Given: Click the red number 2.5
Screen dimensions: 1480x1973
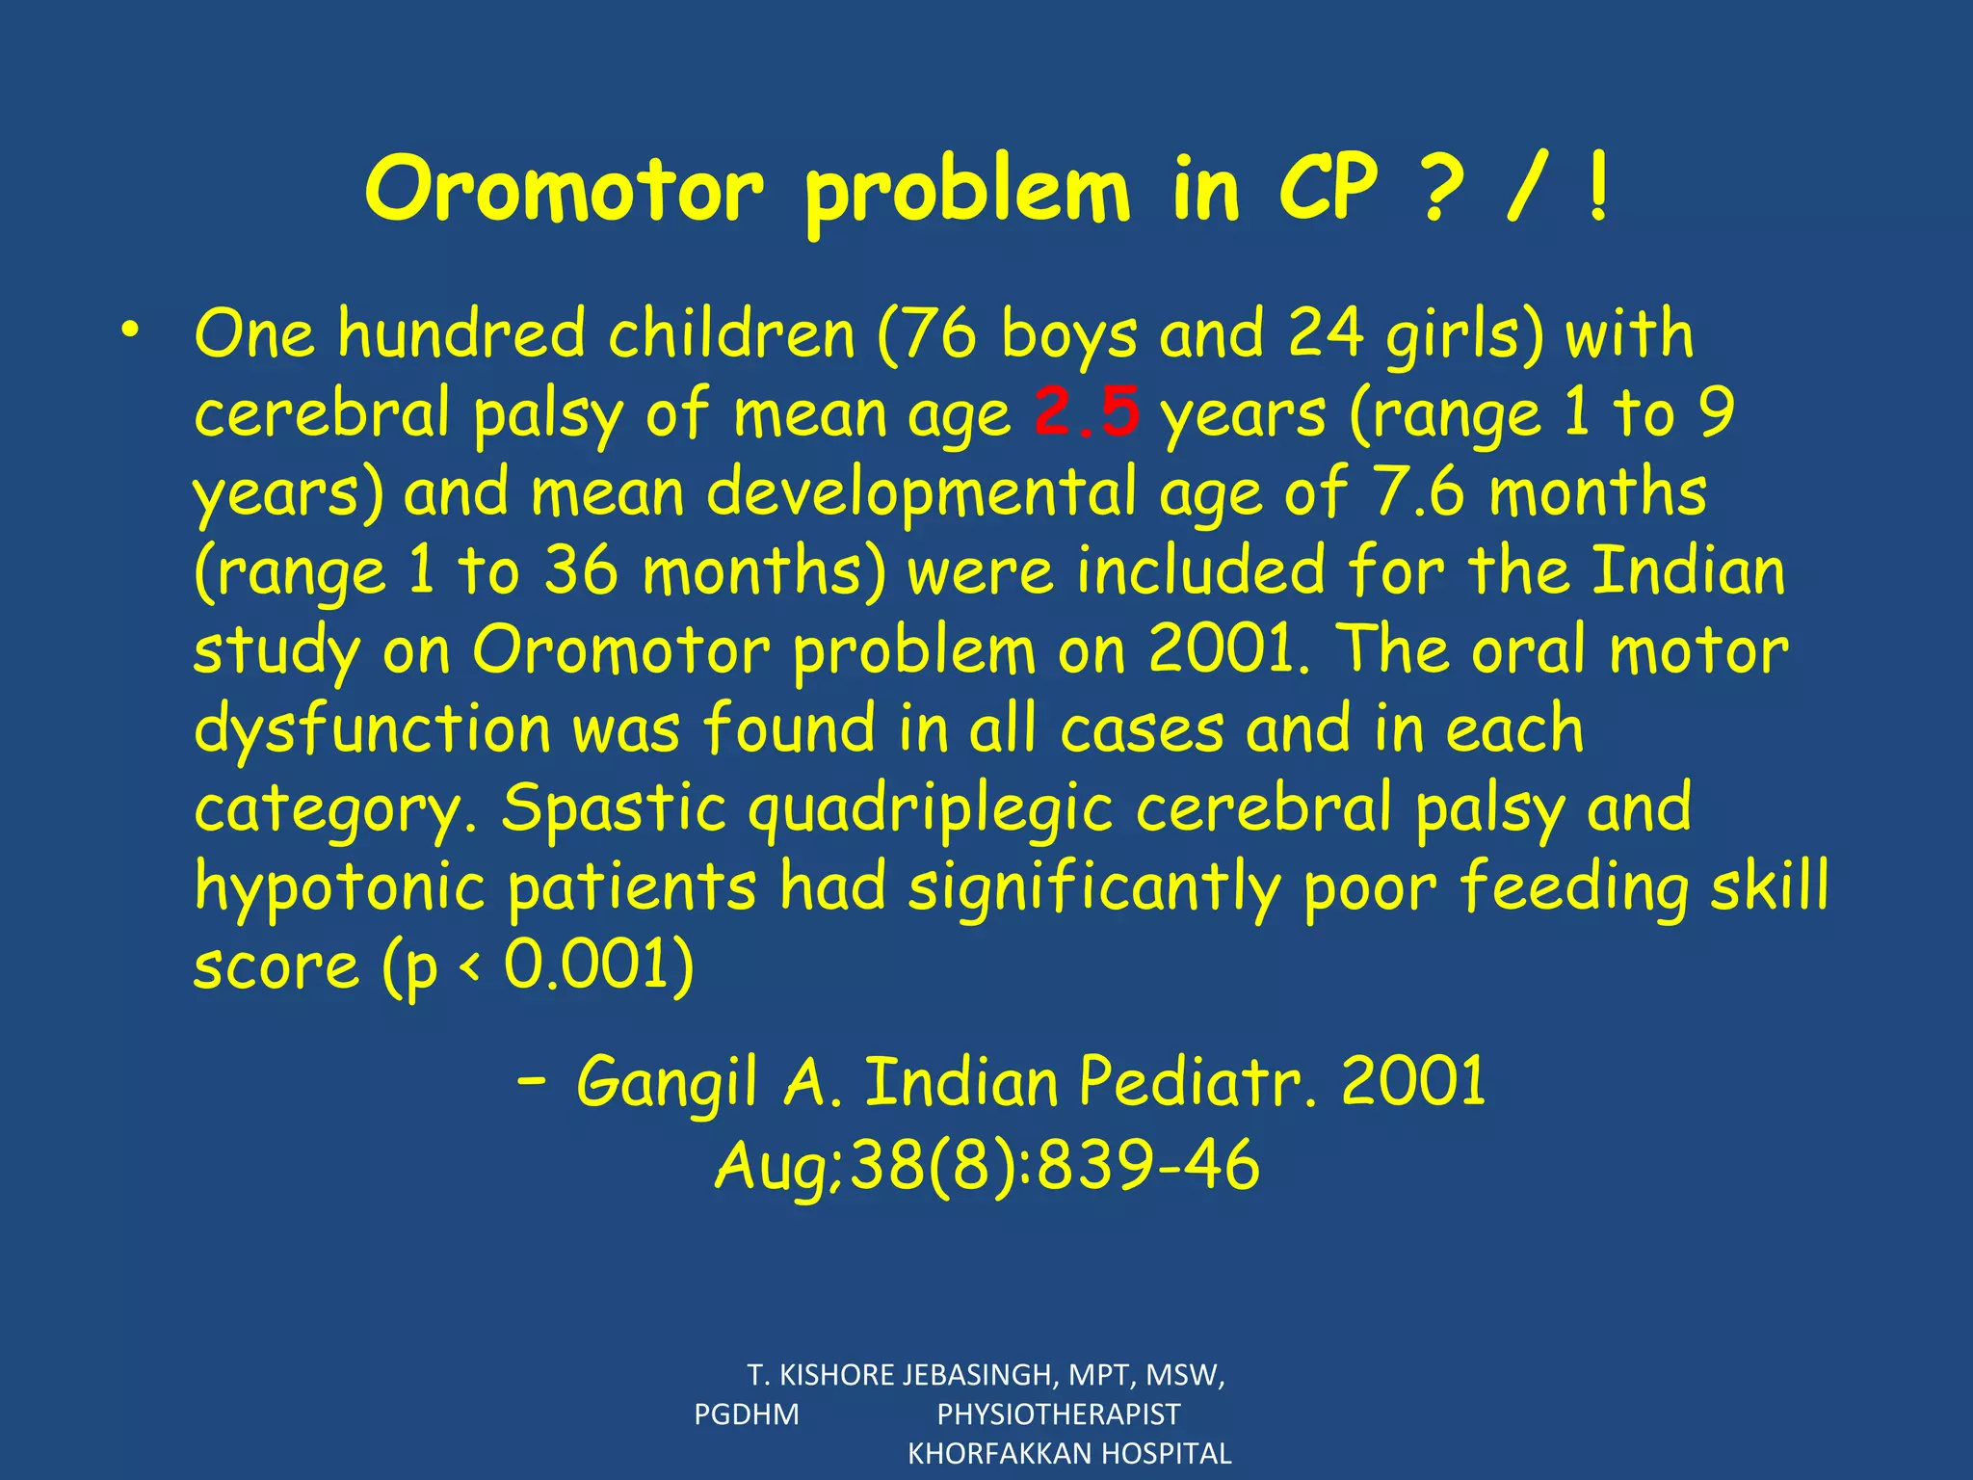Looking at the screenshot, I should click(x=1088, y=412).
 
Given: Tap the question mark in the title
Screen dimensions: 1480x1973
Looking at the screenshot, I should click(x=1442, y=190).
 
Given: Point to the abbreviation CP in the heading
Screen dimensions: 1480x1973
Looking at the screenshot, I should click(x=1328, y=190).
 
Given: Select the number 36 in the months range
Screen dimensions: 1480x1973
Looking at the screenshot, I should click(x=580, y=570).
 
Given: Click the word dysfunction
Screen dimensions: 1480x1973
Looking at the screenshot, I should click(x=372, y=729).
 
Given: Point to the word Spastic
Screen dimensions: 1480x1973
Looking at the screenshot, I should click(x=614, y=807).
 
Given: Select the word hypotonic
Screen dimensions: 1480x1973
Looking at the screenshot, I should click(x=339, y=887).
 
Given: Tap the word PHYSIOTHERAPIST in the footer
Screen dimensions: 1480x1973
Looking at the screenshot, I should click(x=1059, y=1414).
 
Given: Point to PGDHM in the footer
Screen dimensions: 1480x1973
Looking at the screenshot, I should click(x=747, y=1414).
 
